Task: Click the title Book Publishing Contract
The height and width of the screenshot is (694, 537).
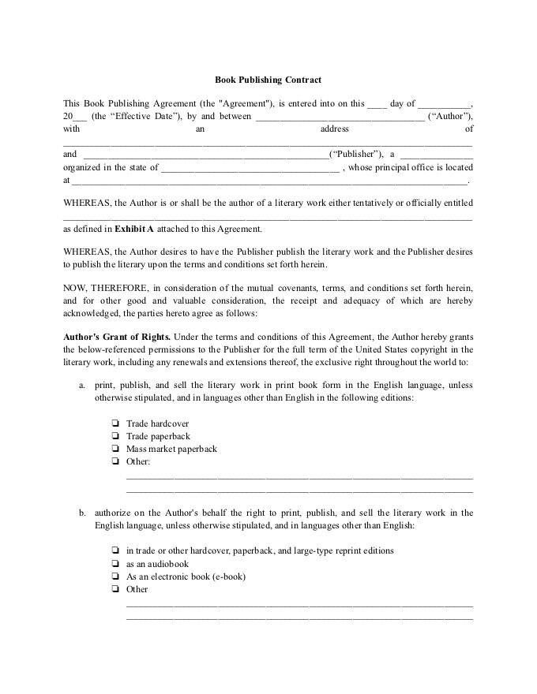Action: pos(268,80)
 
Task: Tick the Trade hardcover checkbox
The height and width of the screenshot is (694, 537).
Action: pos(115,423)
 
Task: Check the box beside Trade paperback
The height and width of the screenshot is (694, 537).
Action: pos(115,436)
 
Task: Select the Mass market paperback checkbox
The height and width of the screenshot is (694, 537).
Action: pos(115,449)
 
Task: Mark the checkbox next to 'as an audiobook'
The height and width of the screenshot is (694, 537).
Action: pos(115,564)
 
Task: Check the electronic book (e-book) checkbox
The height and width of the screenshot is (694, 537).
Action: pos(115,576)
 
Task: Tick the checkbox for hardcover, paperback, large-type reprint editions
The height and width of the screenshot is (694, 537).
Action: pos(115,551)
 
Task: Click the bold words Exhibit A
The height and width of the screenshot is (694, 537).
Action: pos(134,229)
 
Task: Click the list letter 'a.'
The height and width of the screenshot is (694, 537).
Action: pos(82,386)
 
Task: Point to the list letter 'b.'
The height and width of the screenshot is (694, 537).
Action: pos(82,513)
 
